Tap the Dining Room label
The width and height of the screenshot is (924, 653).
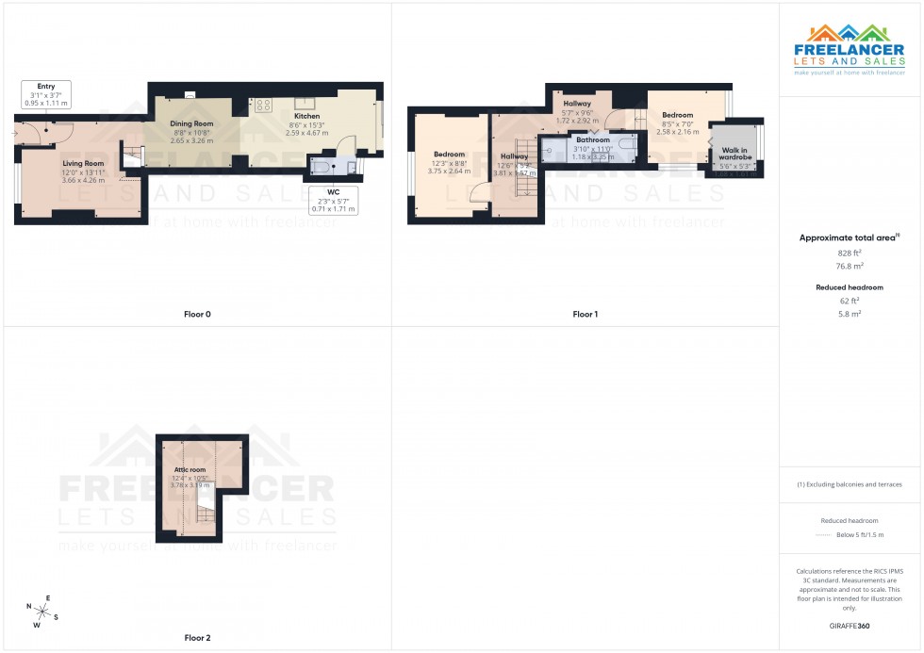click(191, 124)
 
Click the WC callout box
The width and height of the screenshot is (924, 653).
click(334, 199)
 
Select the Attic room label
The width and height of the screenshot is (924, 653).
click(190, 469)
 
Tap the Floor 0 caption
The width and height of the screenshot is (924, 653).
click(197, 314)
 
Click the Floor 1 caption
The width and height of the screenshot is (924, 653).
click(585, 314)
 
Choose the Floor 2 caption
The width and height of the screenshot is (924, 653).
click(197, 638)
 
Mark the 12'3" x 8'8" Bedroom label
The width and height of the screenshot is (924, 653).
click(449, 155)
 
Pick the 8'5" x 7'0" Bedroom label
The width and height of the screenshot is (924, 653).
click(677, 115)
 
